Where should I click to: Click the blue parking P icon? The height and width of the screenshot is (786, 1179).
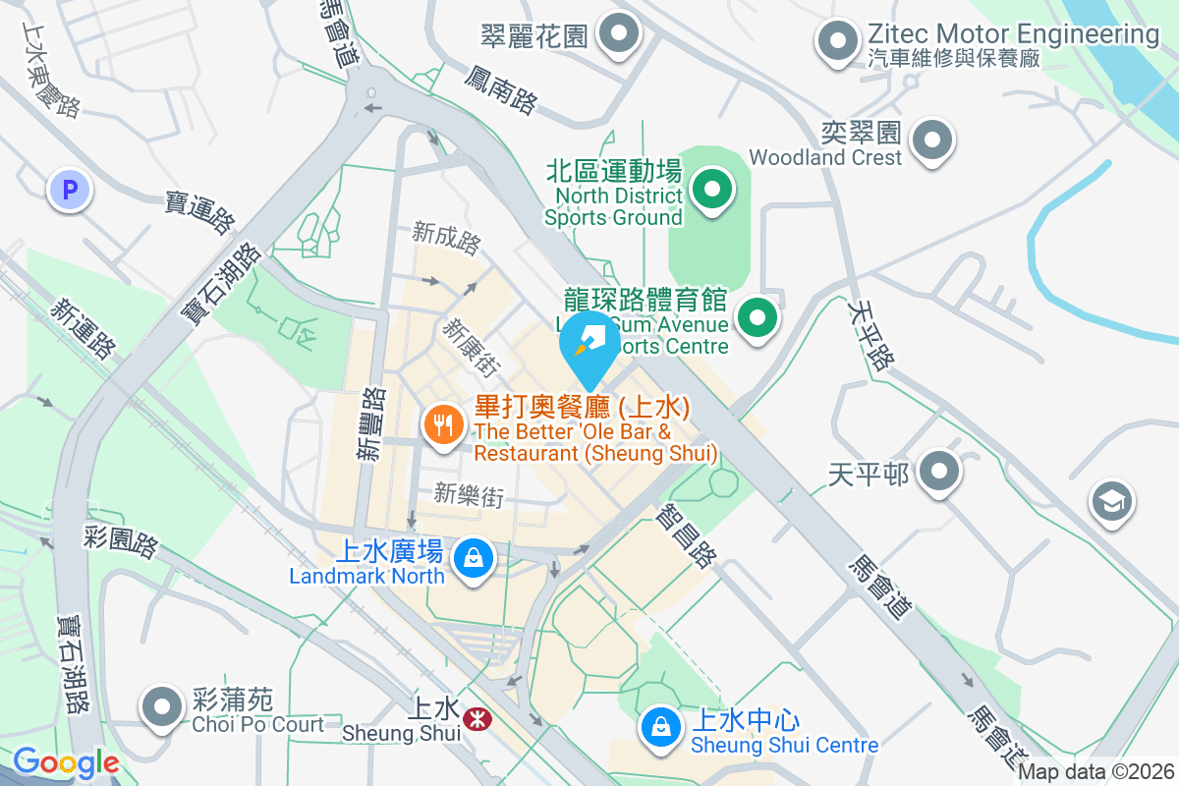(69, 190)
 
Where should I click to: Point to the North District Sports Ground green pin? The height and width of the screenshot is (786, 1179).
(712, 189)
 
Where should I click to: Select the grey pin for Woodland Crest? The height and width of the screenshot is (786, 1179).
(931, 140)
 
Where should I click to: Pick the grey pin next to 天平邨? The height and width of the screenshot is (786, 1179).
(940, 473)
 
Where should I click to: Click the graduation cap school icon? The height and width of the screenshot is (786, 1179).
(1112, 502)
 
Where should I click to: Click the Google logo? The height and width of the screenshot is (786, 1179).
(66, 762)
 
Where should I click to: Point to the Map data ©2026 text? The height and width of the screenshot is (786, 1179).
(1095, 772)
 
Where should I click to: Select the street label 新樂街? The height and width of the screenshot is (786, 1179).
(469, 495)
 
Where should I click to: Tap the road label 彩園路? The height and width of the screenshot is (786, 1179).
(121, 541)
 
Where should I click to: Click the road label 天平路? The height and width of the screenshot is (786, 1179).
(870, 335)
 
